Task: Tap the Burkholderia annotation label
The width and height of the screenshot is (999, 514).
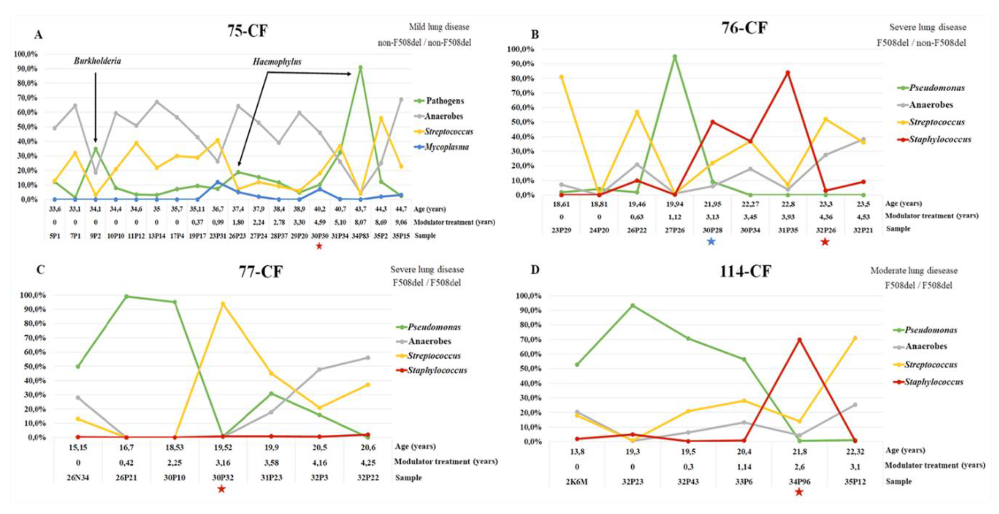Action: point(97,61)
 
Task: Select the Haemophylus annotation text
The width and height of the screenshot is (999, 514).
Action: point(277,62)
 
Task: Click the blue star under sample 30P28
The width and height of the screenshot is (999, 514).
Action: point(711,242)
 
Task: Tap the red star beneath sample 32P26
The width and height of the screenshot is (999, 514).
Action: point(825,242)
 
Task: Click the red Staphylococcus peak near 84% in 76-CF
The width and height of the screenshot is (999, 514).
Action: point(788,72)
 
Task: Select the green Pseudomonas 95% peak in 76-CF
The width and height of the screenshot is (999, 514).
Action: point(675,57)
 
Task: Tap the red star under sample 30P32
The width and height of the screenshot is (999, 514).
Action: point(221,489)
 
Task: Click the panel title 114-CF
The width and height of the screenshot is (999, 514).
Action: point(745,271)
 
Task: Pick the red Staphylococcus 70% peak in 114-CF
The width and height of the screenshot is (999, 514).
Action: point(799,340)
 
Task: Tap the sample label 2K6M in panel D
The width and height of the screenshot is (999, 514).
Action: point(577,482)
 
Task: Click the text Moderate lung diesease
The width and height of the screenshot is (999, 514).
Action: point(914,271)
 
